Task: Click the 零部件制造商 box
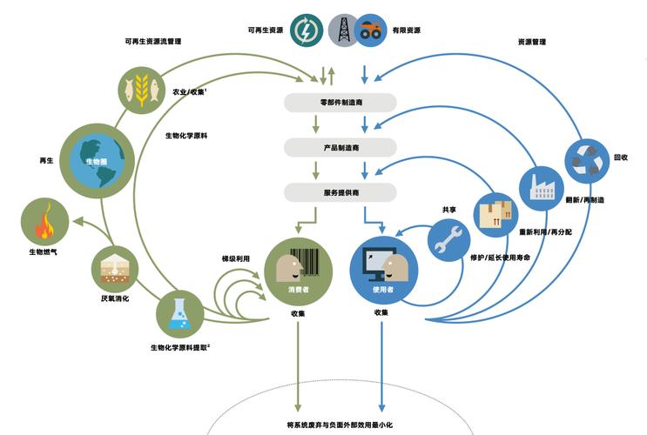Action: point(340,103)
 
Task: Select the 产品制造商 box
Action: point(340,147)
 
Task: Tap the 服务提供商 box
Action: point(340,191)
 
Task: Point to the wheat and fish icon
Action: point(142,88)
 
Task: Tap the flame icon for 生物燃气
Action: point(44,222)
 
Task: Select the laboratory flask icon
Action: point(179,314)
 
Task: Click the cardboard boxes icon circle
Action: point(495,214)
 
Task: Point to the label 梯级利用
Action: point(235,258)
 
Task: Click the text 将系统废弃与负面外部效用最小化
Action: point(340,425)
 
